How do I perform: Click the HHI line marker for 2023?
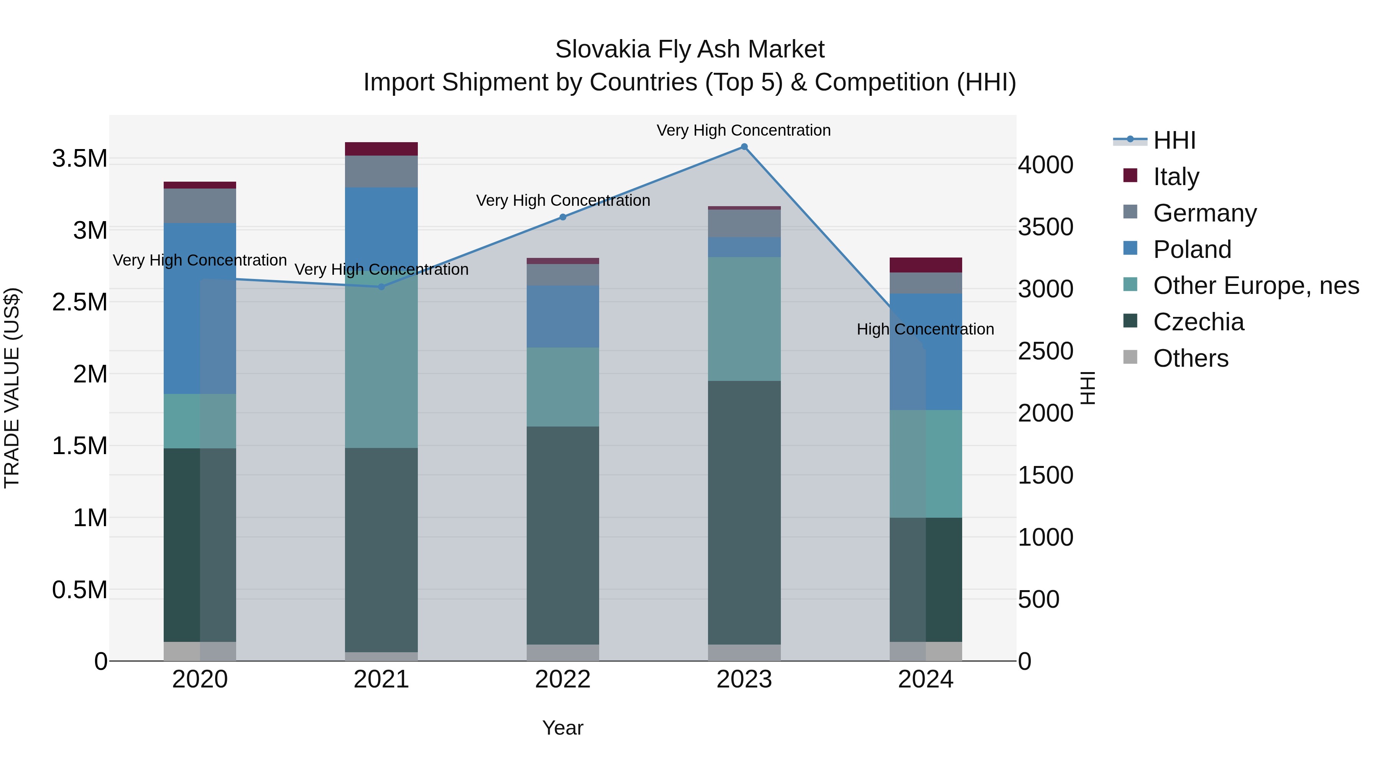[x=744, y=147]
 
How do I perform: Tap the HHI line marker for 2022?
[x=562, y=217]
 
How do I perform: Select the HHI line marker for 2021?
[x=381, y=287]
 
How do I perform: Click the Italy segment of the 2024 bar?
[x=926, y=265]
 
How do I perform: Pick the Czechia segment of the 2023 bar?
[x=744, y=512]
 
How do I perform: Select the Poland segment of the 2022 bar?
[x=562, y=316]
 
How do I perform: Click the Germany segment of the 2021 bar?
[x=381, y=171]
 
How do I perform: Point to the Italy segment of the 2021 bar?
[x=381, y=149]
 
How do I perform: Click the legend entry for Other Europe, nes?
[x=1256, y=285]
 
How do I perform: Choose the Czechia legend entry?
[x=1198, y=322]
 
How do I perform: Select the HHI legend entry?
[x=1174, y=140]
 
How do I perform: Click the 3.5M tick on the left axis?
[x=80, y=159]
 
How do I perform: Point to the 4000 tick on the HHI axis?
[x=1045, y=165]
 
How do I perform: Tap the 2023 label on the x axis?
[x=744, y=679]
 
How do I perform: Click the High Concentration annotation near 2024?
[x=925, y=329]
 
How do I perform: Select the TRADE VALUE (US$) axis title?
[x=12, y=388]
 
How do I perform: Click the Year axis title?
[x=562, y=728]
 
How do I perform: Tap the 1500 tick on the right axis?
[x=1045, y=475]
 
